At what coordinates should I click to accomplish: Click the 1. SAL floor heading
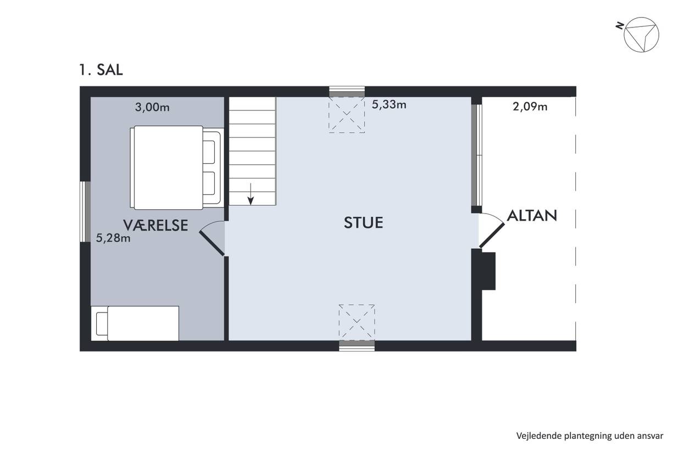pos(101,70)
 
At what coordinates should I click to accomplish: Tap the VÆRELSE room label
pos(155,225)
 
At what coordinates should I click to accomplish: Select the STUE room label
pos(363,222)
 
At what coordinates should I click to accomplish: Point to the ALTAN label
pos(532,216)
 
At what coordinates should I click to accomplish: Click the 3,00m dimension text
pos(152,108)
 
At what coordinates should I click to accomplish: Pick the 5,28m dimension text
pos(113,238)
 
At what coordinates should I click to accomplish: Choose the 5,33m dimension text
pos(389,104)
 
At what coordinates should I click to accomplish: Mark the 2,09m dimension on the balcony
pos(530,107)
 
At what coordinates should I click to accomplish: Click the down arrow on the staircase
pos(251,194)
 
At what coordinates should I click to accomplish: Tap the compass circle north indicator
pos(641,35)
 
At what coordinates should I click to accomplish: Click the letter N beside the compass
pos(620,26)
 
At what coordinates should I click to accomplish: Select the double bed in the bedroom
pos(177,168)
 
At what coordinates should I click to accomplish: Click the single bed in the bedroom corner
pos(135,323)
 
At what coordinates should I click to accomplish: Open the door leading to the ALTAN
pos(492,231)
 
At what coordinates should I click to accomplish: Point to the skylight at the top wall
pos(347,115)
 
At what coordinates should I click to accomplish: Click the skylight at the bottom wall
pos(357,322)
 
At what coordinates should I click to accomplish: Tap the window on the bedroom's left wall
pos(85,211)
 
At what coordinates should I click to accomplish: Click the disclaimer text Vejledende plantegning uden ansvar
pos(590,436)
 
